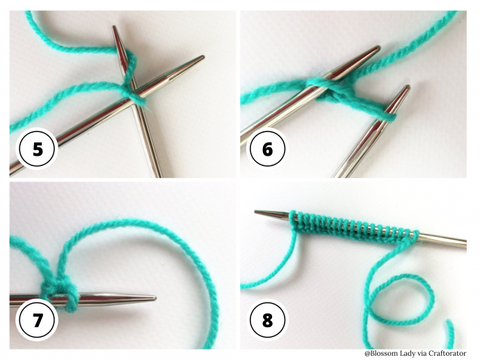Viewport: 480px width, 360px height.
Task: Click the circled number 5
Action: [x=37, y=149]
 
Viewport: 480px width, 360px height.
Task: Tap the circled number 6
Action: [x=267, y=149]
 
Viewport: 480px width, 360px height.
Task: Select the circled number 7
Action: [x=37, y=320]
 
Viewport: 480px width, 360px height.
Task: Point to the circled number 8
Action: [x=267, y=320]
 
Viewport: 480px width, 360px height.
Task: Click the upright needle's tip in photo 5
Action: [x=114, y=26]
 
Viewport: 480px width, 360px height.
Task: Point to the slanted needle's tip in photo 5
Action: [x=202, y=56]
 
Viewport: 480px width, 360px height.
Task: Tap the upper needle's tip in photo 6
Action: [x=378, y=47]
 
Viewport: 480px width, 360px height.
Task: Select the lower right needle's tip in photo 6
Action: [x=408, y=87]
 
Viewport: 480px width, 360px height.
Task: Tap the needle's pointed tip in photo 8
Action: [x=256, y=212]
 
